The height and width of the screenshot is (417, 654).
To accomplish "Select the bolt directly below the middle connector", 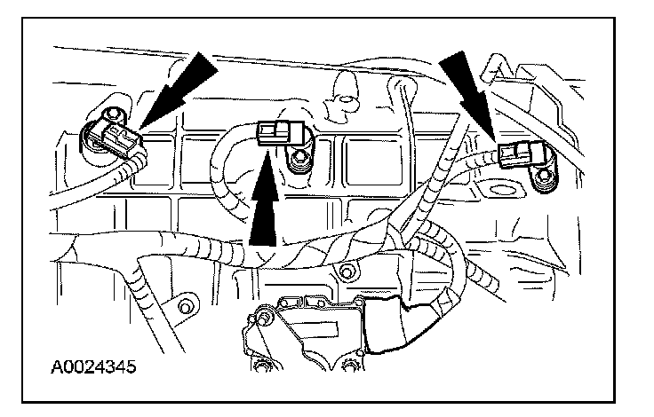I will (x=300, y=160).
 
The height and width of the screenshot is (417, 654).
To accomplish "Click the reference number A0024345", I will (x=87, y=365).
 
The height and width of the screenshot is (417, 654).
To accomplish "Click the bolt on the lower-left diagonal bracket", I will (x=186, y=307).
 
